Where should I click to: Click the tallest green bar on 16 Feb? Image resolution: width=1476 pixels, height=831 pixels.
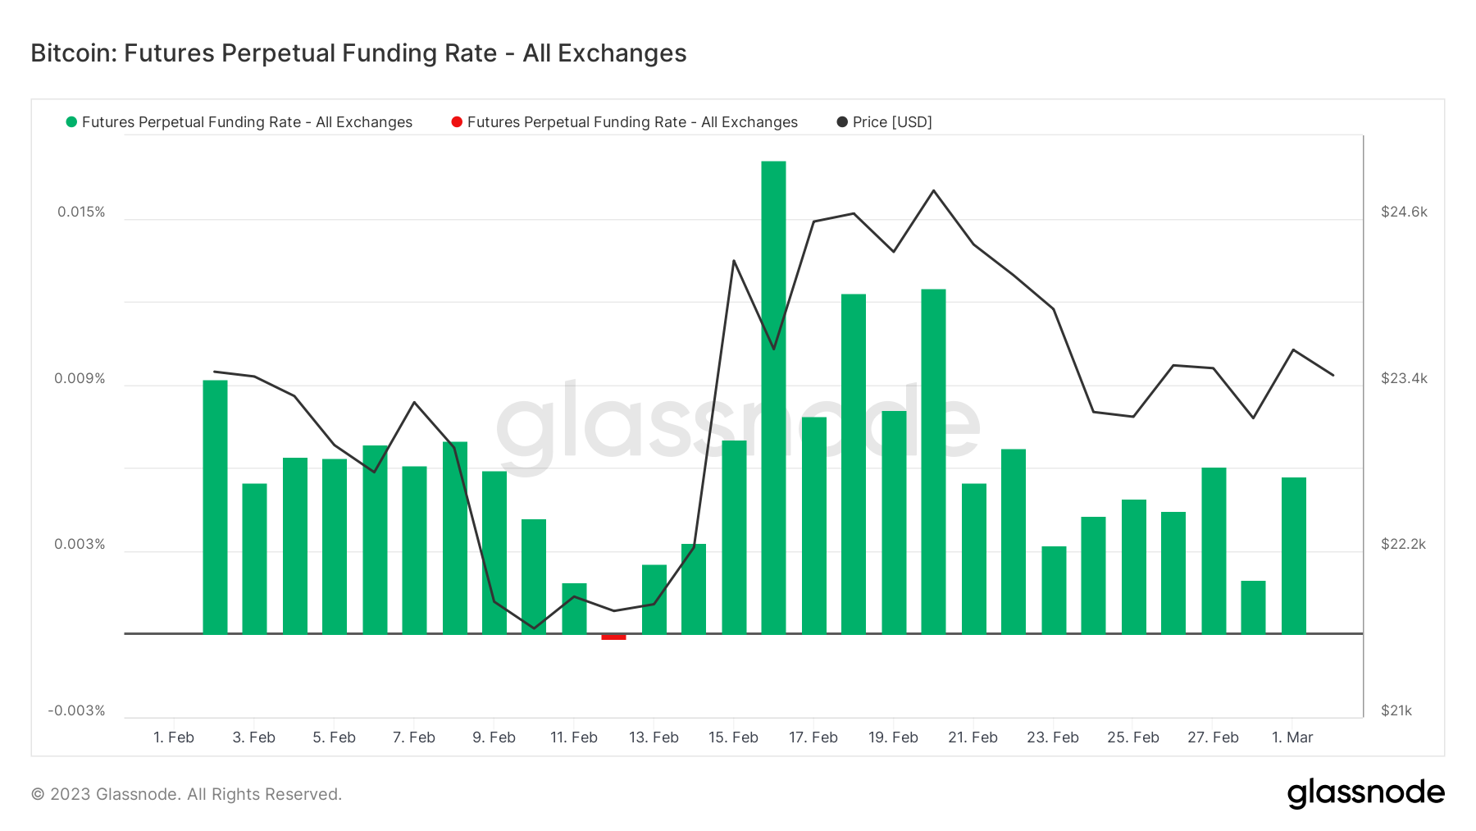pyautogui.click(x=773, y=397)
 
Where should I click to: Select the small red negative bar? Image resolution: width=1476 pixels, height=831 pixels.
pyautogui.click(x=613, y=637)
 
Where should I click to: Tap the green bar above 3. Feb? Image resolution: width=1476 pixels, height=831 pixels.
pyautogui.click(x=254, y=558)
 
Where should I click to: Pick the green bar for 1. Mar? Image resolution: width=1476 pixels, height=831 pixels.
pyautogui.click(x=1294, y=555)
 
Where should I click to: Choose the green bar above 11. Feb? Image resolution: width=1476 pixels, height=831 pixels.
pyautogui.click(x=574, y=608)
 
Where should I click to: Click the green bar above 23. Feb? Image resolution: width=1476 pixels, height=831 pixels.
pyautogui.click(x=1054, y=589)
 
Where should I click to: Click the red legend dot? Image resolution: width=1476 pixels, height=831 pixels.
pyautogui.click(x=457, y=122)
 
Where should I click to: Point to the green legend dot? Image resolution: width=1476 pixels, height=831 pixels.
pyautogui.click(x=71, y=122)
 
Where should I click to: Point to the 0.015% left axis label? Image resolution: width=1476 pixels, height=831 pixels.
pyautogui.click(x=81, y=212)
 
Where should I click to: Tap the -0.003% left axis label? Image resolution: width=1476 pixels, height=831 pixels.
pyautogui.click(x=77, y=710)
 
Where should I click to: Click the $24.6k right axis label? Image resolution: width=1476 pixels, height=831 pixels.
pyautogui.click(x=1404, y=212)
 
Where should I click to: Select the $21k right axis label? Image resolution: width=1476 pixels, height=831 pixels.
pyautogui.click(x=1396, y=710)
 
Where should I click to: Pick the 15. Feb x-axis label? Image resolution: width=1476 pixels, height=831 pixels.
pyautogui.click(x=733, y=737)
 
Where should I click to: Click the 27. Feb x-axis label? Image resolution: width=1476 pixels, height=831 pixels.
pyautogui.click(x=1213, y=737)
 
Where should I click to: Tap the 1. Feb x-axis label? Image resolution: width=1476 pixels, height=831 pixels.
pyautogui.click(x=174, y=737)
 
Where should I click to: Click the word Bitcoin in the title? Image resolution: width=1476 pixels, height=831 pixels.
pyautogui.click(x=74, y=53)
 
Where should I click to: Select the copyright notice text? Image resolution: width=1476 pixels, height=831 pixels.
pyautogui.click(x=186, y=794)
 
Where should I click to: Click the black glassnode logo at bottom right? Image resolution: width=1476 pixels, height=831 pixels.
pyautogui.click(x=1365, y=793)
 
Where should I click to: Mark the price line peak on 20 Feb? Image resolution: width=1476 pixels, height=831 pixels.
pyautogui.click(x=933, y=190)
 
